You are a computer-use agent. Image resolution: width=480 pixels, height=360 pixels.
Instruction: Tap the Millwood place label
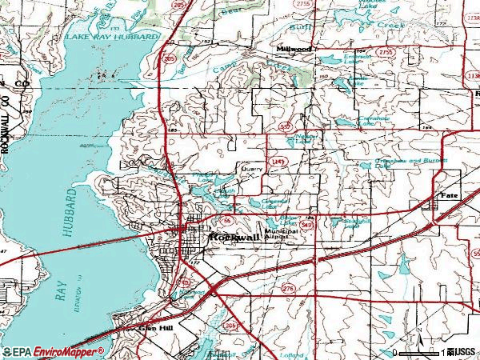click(x=294, y=49)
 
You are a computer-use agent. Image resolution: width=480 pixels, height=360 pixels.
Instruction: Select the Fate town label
click(x=449, y=195)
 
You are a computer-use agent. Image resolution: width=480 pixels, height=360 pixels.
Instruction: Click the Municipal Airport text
click(x=281, y=234)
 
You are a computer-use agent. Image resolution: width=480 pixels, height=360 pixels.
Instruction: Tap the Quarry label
click(x=253, y=170)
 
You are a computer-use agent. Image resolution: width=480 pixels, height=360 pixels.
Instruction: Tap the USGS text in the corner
click(x=463, y=351)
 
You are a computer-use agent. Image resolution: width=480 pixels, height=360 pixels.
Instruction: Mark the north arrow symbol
click(x=416, y=332)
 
